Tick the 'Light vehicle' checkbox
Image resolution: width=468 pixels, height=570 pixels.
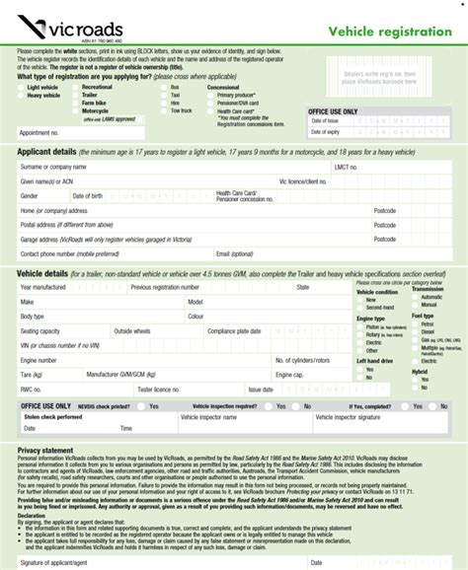(x=21, y=87)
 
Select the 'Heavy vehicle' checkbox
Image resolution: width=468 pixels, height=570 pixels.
(x=21, y=96)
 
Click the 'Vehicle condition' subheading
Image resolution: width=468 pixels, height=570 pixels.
(x=377, y=292)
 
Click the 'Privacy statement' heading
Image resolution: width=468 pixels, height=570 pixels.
(x=45, y=450)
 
